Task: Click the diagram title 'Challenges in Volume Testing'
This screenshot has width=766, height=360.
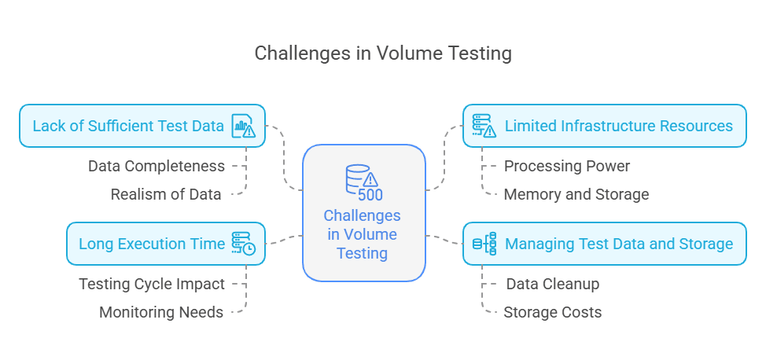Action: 383,53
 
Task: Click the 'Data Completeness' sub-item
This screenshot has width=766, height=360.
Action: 157,166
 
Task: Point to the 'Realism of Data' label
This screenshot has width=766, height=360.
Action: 166,194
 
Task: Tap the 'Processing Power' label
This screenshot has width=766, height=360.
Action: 567,166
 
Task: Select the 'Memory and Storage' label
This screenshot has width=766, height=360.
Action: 576,194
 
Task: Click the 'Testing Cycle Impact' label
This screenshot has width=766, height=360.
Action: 152,284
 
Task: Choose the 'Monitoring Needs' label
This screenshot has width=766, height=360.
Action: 161,312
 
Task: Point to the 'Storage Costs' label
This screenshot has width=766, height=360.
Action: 553,312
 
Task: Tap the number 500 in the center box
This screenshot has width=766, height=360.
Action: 370,195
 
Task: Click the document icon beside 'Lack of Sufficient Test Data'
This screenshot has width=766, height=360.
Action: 243,126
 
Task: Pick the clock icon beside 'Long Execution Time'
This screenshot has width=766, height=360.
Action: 243,244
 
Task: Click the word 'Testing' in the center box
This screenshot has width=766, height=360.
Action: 363,253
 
